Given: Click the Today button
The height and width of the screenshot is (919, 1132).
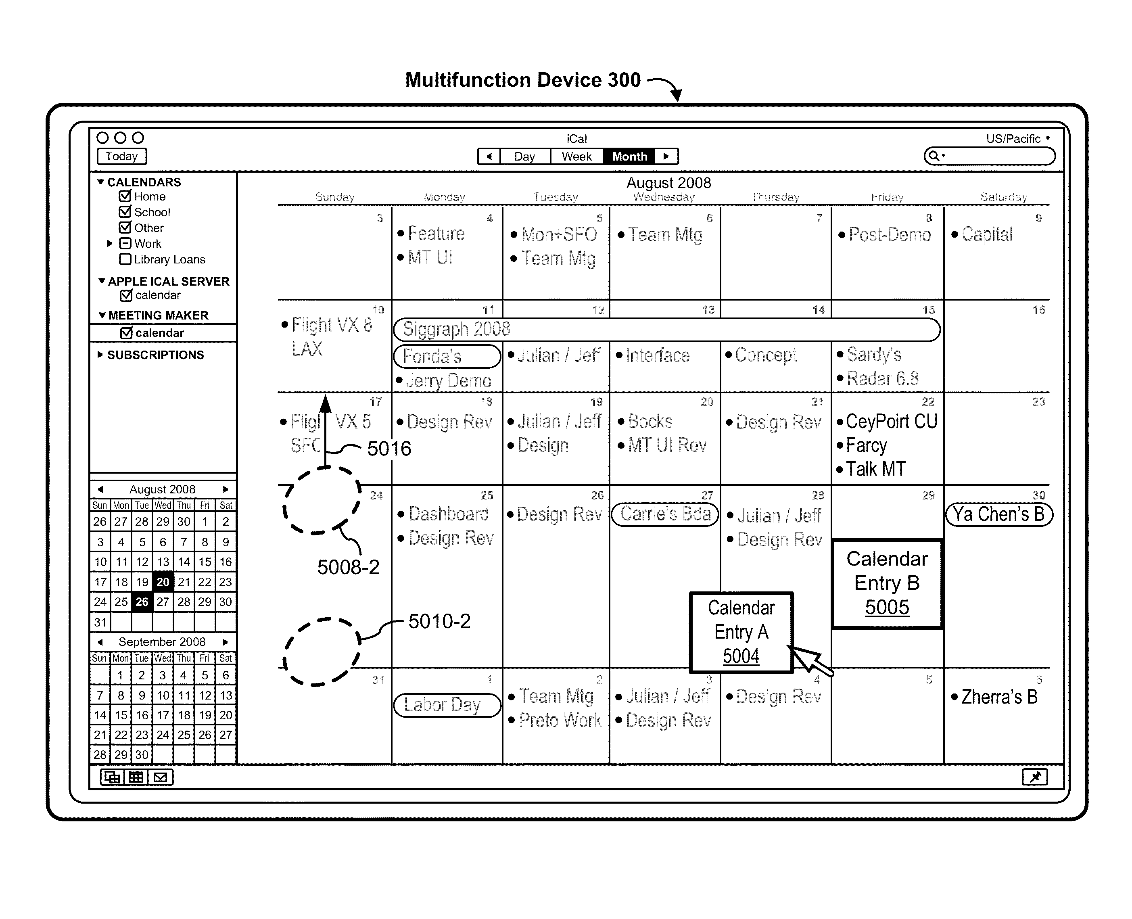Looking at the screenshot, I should [x=121, y=156].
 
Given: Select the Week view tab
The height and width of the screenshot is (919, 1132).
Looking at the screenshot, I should [x=576, y=157].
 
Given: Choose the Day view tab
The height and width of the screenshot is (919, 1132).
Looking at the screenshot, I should [x=524, y=157].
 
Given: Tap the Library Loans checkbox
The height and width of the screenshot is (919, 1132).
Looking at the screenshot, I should [x=125, y=259].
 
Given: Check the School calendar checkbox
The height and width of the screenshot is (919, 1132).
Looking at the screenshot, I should [x=125, y=212].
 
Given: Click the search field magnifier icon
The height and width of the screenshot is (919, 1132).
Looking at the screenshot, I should [x=934, y=156].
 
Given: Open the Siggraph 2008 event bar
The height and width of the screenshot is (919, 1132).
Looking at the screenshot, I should [x=666, y=329].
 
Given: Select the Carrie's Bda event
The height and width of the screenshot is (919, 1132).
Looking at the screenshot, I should [x=665, y=514].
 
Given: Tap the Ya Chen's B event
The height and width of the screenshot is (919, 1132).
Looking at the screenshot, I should [x=998, y=514].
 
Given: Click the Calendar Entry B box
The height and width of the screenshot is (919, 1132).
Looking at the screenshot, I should [x=887, y=583].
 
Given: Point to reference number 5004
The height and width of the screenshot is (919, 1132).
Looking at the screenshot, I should [x=741, y=656].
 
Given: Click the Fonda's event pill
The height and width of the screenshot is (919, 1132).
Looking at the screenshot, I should [x=446, y=356].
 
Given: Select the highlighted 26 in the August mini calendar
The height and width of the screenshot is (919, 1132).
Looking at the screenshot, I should [x=142, y=602].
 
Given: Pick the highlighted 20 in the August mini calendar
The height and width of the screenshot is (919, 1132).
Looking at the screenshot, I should [x=163, y=582].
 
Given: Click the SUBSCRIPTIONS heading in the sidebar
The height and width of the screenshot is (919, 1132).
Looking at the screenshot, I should [x=155, y=355].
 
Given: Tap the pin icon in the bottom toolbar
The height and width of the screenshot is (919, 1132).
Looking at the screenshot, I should [x=1035, y=777].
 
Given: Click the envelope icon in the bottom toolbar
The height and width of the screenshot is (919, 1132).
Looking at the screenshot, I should [x=161, y=777].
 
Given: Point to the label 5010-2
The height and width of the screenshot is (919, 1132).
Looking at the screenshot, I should [x=439, y=621].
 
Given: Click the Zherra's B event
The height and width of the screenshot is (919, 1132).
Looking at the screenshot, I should [x=998, y=697].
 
